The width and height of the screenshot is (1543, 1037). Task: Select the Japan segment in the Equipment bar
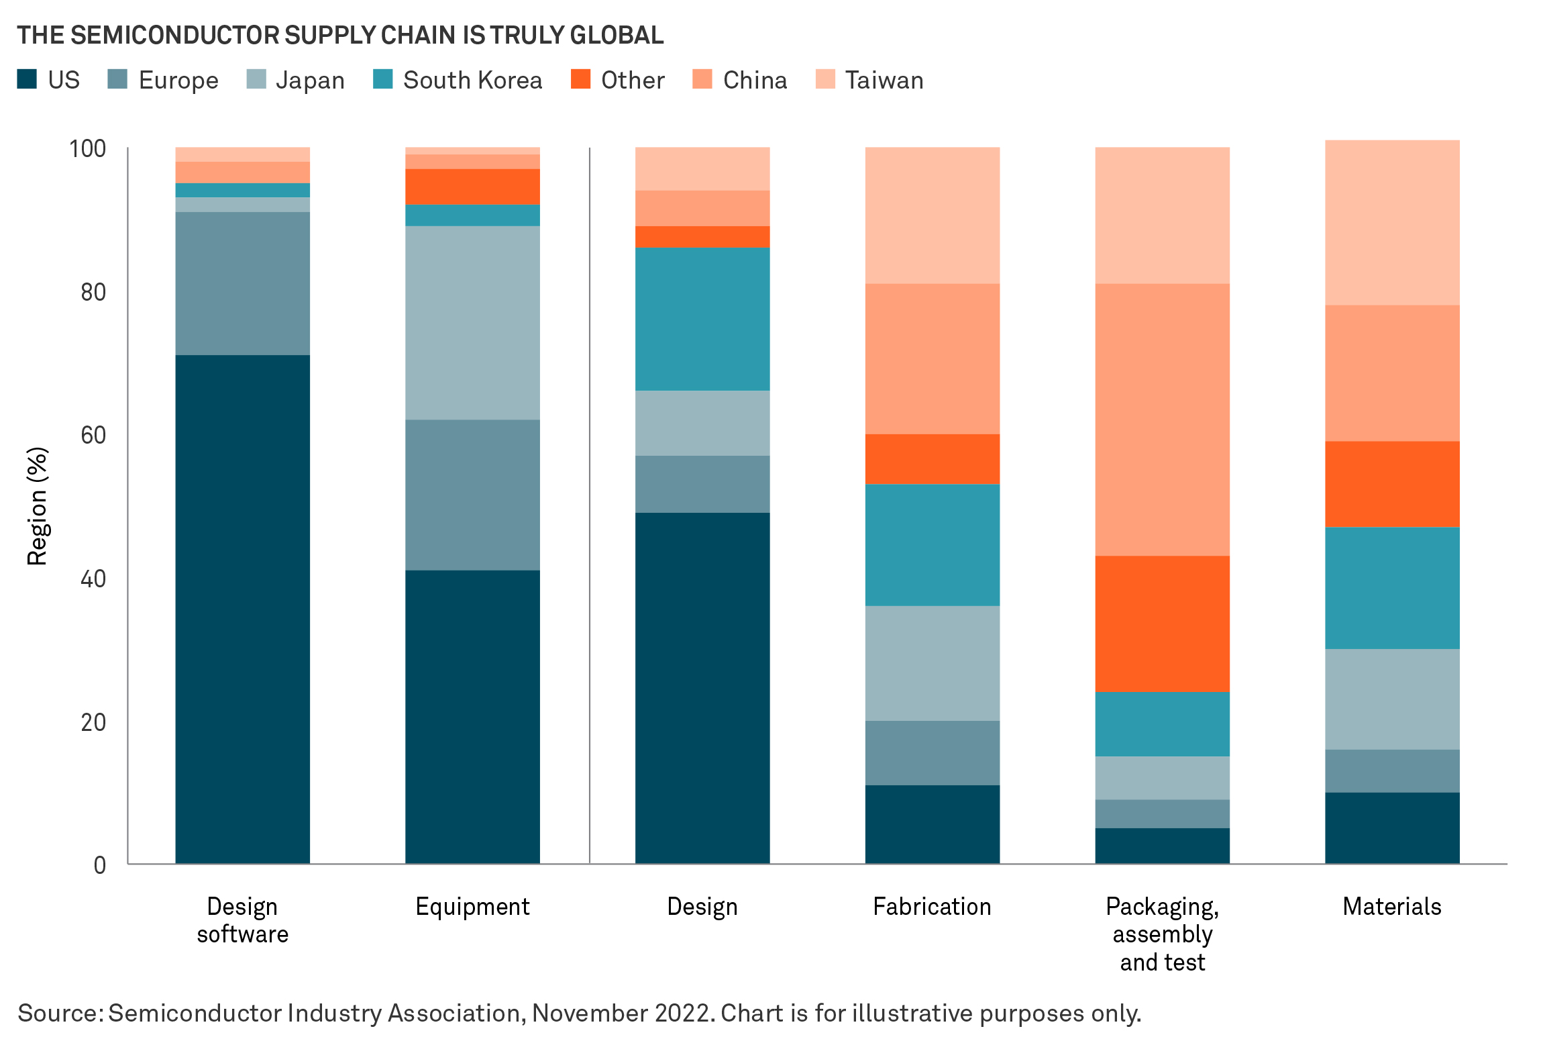[x=472, y=323]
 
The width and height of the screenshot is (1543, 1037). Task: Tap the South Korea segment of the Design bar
[x=702, y=319]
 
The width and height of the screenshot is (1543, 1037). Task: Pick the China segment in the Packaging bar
[x=1162, y=419]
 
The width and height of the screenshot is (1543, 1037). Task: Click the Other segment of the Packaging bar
[x=1162, y=624]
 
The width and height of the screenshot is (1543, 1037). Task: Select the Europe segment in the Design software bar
[x=242, y=283]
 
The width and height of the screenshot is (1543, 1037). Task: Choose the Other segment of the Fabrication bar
[x=932, y=459]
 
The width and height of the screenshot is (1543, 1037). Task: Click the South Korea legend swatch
[x=383, y=79]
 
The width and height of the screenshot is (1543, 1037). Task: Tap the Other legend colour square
[x=580, y=79]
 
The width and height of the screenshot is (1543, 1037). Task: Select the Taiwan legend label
[x=884, y=81]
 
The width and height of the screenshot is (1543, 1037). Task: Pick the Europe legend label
[x=178, y=81]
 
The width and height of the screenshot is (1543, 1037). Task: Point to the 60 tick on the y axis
[x=93, y=436]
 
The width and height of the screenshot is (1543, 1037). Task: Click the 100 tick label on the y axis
[x=88, y=149]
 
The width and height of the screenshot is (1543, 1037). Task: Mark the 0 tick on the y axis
[x=100, y=865]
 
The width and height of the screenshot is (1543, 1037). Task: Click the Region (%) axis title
[x=38, y=506]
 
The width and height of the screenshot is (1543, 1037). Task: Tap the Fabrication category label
[x=932, y=907]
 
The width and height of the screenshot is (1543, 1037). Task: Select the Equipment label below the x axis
[x=472, y=907]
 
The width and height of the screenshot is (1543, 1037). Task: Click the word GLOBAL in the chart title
[x=617, y=35]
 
